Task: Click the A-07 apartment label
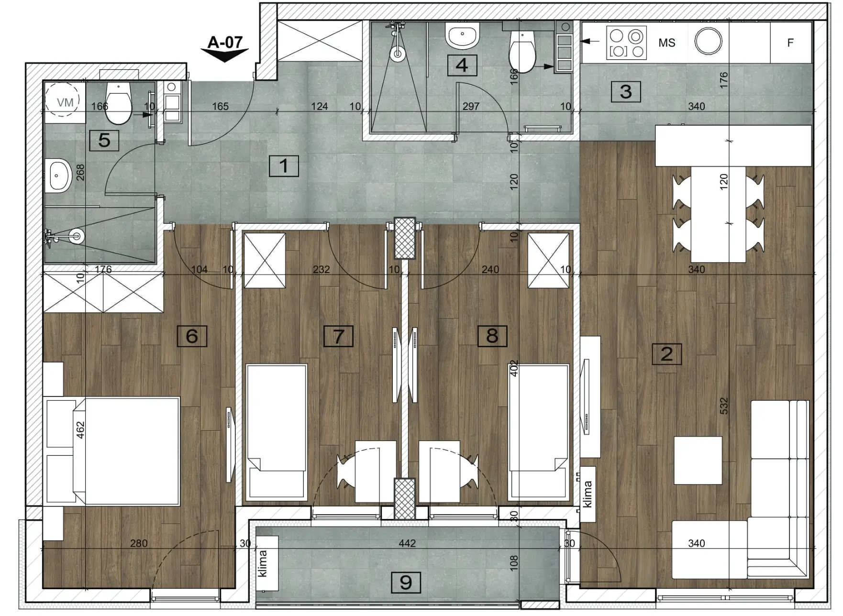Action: [225, 43]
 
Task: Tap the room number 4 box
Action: [462, 65]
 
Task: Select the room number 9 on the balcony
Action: [406, 583]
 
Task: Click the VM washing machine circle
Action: [65, 101]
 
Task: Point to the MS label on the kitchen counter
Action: [666, 43]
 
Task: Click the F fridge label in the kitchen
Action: [790, 43]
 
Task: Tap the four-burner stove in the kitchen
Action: [627, 43]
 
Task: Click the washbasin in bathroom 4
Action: [462, 35]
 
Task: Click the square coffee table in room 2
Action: [698, 460]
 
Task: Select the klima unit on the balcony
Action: [267, 563]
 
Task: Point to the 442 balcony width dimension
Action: [407, 543]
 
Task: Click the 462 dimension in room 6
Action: [80, 429]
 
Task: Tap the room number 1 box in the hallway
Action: [284, 166]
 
